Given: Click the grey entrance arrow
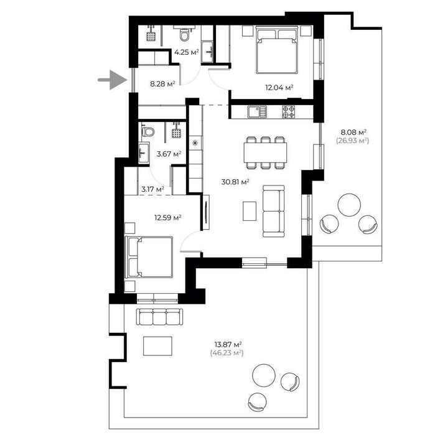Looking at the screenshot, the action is pyautogui.click(x=113, y=80).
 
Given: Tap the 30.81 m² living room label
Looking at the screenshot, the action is pyautogui.click(x=235, y=182).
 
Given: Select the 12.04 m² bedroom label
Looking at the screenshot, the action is pyautogui.click(x=279, y=88).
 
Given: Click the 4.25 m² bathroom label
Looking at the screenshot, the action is pyautogui.click(x=187, y=52).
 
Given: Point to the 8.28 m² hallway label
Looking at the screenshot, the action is pyautogui.click(x=162, y=83).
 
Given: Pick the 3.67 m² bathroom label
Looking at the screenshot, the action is pyautogui.click(x=169, y=154).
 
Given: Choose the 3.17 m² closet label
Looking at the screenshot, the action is pyautogui.click(x=152, y=189).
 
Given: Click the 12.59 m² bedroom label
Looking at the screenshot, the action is pyautogui.click(x=168, y=218).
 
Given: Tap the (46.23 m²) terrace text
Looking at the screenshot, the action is pyautogui.click(x=227, y=353).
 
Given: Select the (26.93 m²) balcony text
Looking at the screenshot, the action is pyautogui.click(x=353, y=141).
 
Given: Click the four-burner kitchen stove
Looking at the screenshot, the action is pyautogui.click(x=289, y=112).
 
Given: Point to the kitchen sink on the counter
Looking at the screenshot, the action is pyautogui.click(x=257, y=112).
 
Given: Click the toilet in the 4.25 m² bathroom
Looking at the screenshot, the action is pyautogui.click(x=184, y=35).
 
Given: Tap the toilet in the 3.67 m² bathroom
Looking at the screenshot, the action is pyautogui.click(x=148, y=132).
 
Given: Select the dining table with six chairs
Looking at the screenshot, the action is pyautogui.click(x=265, y=152).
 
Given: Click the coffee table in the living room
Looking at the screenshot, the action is pyautogui.click(x=250, y=211).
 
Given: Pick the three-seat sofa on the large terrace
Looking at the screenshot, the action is pyautogui.click(x=159, y=317).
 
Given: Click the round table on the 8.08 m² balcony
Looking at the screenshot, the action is pyautogui.click(x=349, y=205).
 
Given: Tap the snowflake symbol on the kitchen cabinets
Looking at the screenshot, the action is pyautogui.click(x=195, y=143).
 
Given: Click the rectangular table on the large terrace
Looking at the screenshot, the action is pyautogui.click(x=157, y=346).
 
